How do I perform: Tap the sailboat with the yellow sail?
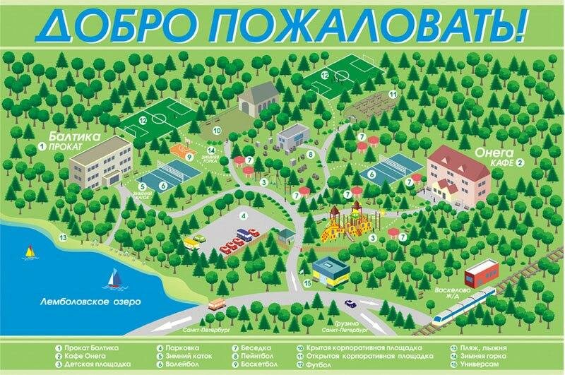30,251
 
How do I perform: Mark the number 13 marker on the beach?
63,237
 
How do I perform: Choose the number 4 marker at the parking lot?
242,215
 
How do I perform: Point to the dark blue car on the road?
350,306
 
